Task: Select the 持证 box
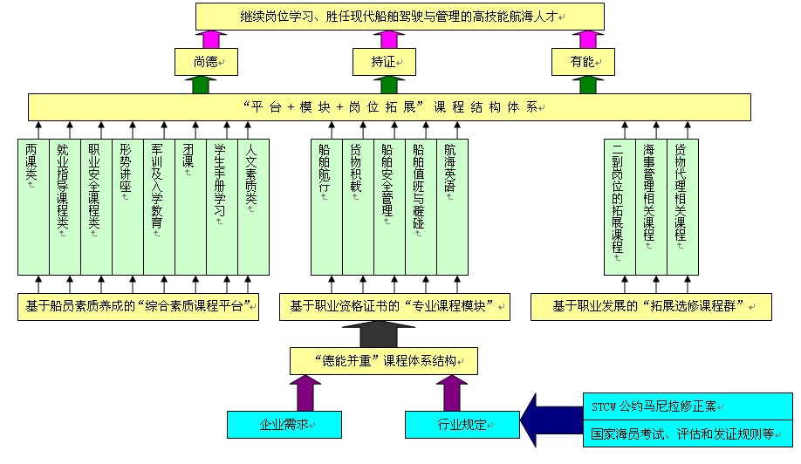click(x=384, y=62)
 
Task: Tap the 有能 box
click(x=583, y=62)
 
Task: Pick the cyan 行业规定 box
click(x=462, y=425)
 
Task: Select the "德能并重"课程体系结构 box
click(x=384, y=360)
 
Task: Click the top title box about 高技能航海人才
click(x=400, y=17)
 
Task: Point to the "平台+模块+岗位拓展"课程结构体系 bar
click(x=389, y=107)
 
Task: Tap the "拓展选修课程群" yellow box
click(x=650, y=307)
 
